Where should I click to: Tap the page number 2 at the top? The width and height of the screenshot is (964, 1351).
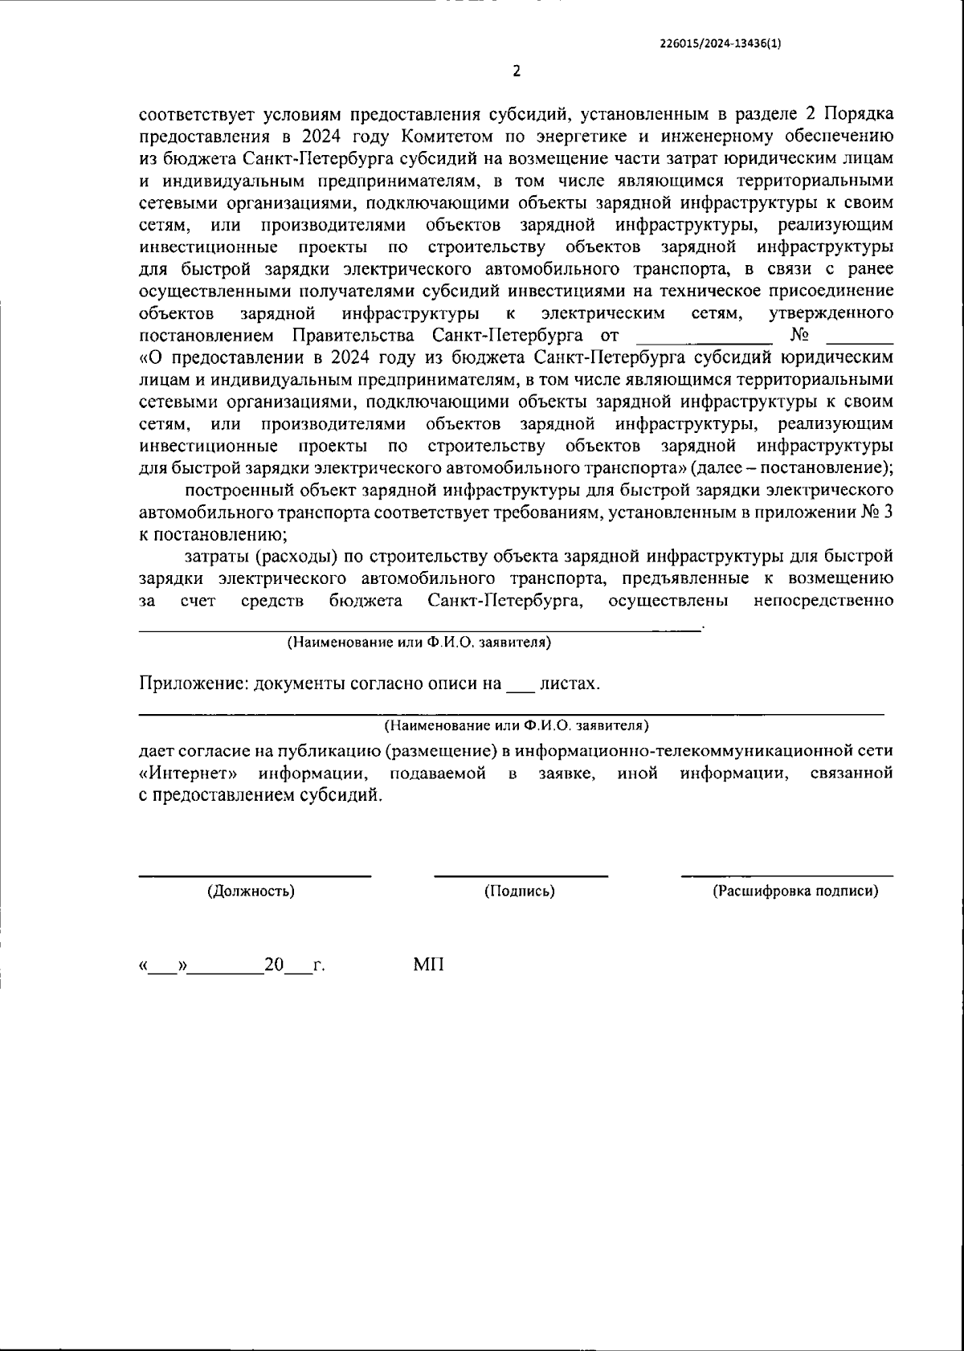(x=517, y=71)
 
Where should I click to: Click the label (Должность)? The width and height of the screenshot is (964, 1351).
(x=251, y=891)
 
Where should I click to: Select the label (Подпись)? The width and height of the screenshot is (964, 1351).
(x=520, y=891)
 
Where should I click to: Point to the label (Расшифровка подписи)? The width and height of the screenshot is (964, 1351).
(x=795, y=891)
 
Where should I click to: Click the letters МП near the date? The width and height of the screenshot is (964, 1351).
(x=428, y=964)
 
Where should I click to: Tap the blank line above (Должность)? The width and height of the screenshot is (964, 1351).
(x=255, y=875)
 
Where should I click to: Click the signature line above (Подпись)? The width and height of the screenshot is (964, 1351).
(x=521, y=875)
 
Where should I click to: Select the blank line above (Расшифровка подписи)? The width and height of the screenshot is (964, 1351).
(x=787, y=875)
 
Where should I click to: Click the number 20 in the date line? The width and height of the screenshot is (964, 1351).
(x=274, y=965)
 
